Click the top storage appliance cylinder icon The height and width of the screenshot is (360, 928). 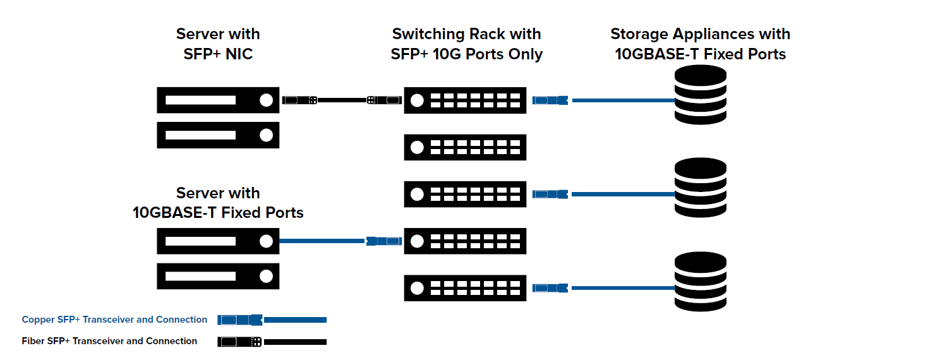click(x=700, y=95)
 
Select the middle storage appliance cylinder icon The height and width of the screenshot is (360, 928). click(x=700, y=188)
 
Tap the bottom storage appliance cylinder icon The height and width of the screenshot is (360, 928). click(x=700, y=282)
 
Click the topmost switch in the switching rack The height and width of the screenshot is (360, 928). click(x=465, y=100)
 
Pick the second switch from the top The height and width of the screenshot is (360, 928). click(x=465, y=147)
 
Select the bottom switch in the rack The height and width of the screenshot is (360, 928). click(x=465, y=288)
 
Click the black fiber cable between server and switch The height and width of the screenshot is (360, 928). click(x=342, y=100)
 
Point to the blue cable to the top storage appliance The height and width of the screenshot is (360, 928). click(x=624, y=100)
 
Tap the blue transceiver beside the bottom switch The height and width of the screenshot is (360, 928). click(x=550, y=288)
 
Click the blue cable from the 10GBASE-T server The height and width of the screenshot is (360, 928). click(x=322, y=241)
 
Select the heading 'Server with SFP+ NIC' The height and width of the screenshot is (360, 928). click(x=218, y=44)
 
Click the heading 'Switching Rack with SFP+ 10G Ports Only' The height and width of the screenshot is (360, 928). click(x=466, y=44)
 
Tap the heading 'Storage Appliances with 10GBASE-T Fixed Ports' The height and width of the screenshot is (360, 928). click(x=700, y=44)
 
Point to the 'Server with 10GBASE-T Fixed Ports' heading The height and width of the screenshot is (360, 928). click(x=218, y=203)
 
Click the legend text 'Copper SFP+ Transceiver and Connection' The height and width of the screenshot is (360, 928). click(x=114, y=320)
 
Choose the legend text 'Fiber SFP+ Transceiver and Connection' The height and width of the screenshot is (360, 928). click(x=109, y=341)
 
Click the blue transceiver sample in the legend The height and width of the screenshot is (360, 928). click(x=240, y=320)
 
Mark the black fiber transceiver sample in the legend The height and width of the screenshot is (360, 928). click(x=239, y=342)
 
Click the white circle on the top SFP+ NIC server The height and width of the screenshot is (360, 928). click(x=266, y=100)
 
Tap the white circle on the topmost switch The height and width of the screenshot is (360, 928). click(x=417, y=100)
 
